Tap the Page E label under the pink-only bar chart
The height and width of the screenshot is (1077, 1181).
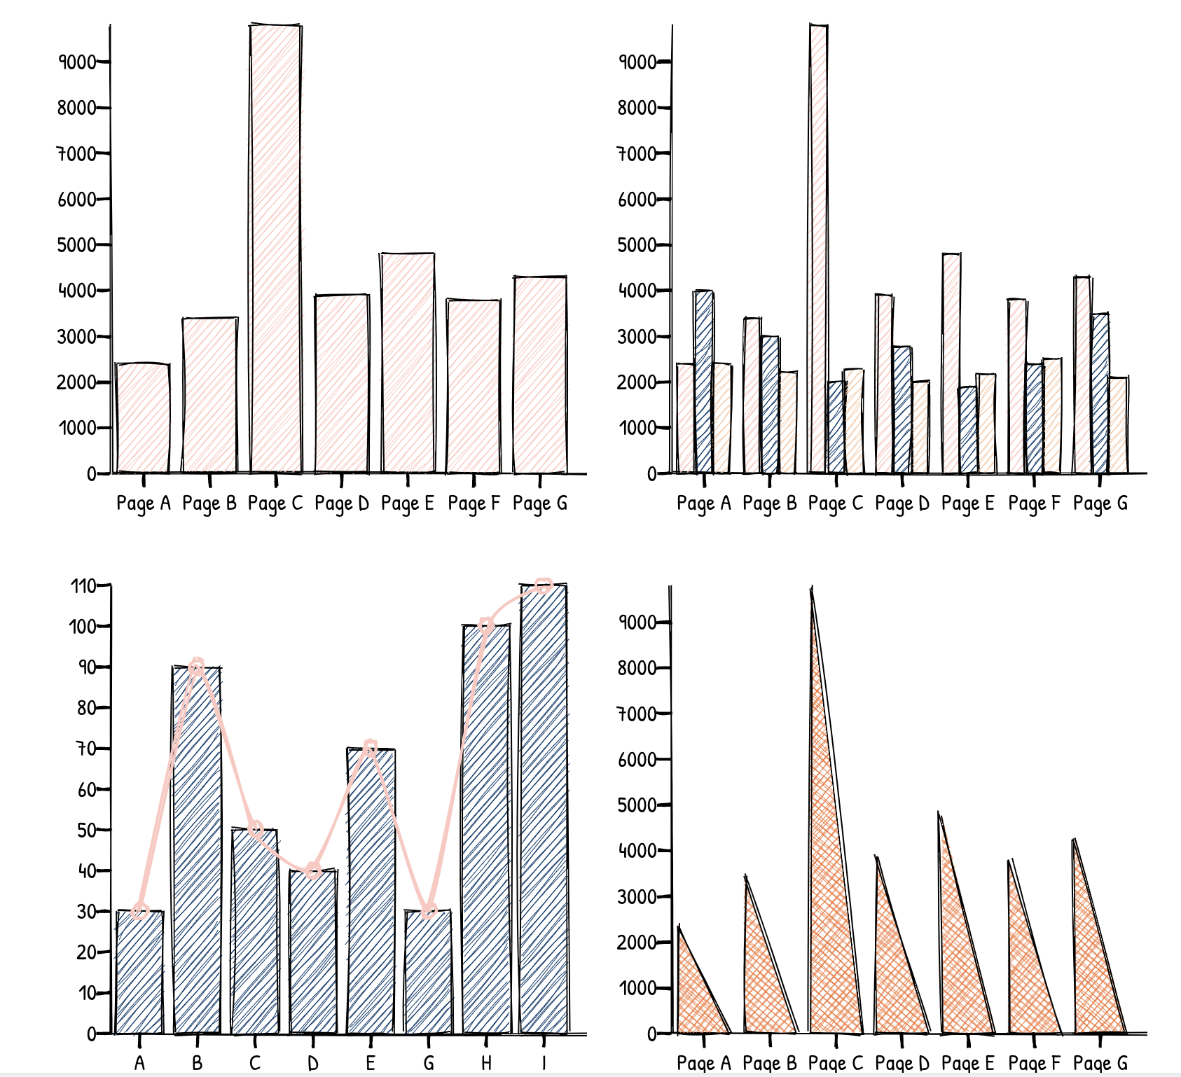tap(408, 503)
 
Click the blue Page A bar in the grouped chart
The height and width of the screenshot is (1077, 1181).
tap(704, 382)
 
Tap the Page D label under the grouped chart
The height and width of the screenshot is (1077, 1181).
tap(902, 503)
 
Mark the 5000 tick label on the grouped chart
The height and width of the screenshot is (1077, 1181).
tap(637, 245)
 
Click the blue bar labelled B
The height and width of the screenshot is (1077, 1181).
tap(198, 850)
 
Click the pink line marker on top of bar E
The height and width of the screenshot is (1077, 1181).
tap(371, 748)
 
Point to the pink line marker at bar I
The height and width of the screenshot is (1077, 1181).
tap(544, 586)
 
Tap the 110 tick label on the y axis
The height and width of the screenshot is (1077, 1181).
tap(83, 585)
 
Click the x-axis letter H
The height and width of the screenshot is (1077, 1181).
tap(486, 1063)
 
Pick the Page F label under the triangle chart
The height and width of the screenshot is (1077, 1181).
tap(1034, 1063)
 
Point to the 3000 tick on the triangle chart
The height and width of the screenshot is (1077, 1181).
tap(637, 897)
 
